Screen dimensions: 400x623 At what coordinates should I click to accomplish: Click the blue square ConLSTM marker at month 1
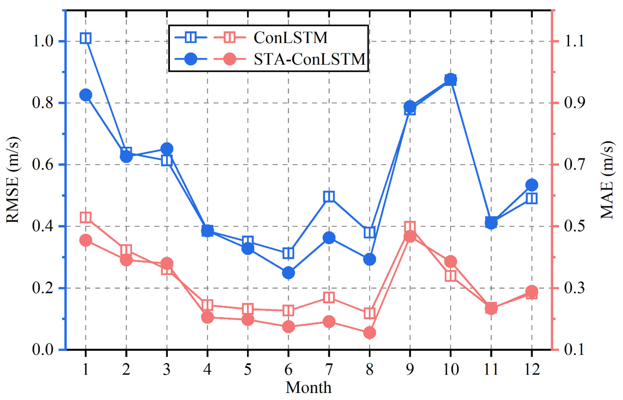(86, 38)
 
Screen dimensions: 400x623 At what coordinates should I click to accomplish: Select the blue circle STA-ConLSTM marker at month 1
(86, 95)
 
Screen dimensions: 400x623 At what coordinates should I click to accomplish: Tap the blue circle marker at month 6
(288, 273)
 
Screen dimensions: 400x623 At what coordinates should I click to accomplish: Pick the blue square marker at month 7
(329, 196)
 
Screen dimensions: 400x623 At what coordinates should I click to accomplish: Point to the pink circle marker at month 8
(370, 333)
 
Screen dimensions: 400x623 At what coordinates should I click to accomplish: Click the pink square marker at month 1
(86, 217)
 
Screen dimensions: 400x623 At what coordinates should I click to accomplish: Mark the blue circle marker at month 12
(531, 185)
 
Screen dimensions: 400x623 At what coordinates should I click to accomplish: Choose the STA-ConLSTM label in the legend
(309, 59)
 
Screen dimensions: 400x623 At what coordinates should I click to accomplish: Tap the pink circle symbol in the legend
(230, 59)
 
